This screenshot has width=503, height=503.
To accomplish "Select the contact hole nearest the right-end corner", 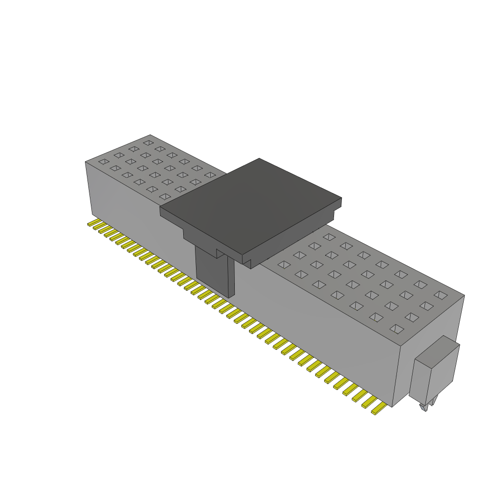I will click(441, 295).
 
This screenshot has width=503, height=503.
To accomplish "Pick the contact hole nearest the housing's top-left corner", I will click(103, 161).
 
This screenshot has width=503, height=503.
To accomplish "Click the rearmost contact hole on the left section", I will click(147, 142).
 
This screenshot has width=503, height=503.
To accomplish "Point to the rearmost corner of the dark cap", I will click(259, 159).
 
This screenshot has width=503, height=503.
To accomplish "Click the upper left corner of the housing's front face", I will click(86, 163).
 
